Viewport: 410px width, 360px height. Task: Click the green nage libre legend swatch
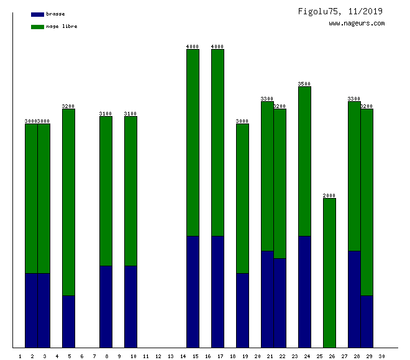pos(37,27)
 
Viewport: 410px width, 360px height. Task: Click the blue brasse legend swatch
pos(37,14)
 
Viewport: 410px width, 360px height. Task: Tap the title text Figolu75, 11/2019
pos(340,11)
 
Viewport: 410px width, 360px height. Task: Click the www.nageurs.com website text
pos(357,24)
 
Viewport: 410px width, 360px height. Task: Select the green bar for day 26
pos(329,273)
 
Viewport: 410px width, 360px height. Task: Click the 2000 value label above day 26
pos(329,196)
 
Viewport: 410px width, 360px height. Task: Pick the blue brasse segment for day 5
pos(68,322)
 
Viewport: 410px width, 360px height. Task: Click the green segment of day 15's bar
pos(193,143)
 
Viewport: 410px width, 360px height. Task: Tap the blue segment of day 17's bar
pos(217,292)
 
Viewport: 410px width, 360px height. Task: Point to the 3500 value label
pos(304,84)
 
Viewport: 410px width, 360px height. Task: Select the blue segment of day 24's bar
pos(304,292)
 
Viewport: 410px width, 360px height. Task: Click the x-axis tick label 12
pos(158,356)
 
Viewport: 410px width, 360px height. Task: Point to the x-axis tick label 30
pos(381,356)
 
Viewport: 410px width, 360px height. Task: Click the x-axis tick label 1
pos(20,356)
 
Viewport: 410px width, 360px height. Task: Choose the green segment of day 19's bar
pos(242,199)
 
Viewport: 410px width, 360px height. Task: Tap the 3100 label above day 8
pos(106,114)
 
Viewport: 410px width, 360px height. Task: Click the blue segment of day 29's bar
pos(367,322)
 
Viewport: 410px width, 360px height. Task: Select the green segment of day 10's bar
pos(130,191)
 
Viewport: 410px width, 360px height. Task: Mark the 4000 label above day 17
pos(217,47)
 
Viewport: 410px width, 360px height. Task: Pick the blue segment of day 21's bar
pos(267,299)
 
